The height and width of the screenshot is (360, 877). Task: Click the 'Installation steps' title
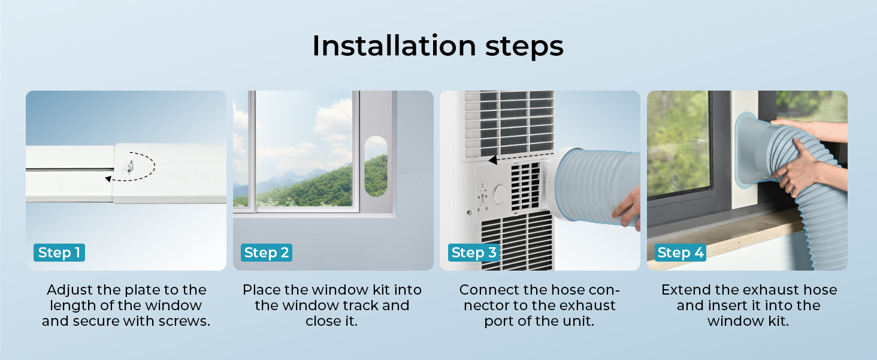[x=438, y=46]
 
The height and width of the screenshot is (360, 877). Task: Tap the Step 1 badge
[x=59, y=253]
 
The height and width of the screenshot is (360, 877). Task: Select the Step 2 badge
[x=266, y=253]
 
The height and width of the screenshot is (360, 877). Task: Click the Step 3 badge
[x=474, y=253]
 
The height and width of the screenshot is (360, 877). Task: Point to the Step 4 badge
[x=681, y=253]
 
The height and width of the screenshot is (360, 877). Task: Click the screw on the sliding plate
[x=129, y=166]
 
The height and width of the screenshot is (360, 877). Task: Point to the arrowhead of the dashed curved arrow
[x=108, y=179]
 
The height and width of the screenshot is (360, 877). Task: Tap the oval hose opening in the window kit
[x=376, y=166]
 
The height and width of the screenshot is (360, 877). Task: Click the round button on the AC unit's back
[x=500, y=194]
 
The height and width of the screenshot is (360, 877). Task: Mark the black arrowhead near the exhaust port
[x=493, y=160]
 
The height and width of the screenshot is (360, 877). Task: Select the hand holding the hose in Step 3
[x=627, y=208]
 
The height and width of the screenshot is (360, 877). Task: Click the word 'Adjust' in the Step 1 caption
[x=69, y=290]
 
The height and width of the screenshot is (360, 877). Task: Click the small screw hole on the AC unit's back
[x=470, y=212]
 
